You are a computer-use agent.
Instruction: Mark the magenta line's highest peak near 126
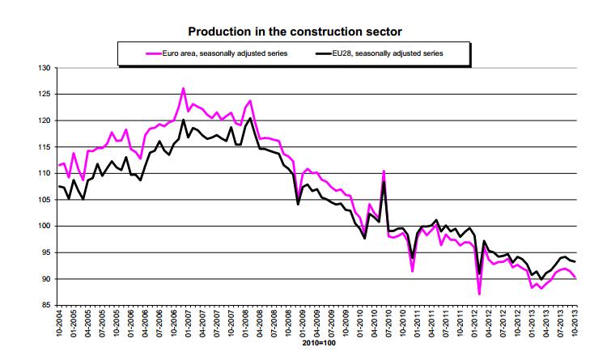click(x=184, y=88)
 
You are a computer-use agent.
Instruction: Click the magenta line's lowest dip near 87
click(x=479, y=293)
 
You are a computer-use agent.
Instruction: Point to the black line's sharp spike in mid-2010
click(x=383, y=173)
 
